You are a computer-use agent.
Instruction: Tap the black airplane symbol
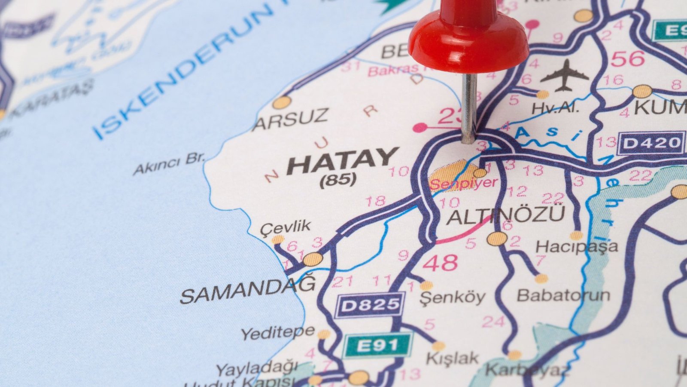tap(564, 76)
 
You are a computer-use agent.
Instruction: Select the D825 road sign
tap(369, 305)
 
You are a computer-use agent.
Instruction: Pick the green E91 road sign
tap(377, 344)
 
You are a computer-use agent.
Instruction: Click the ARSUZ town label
tap(290, 120)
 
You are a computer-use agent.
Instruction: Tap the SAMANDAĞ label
tap(248, 290)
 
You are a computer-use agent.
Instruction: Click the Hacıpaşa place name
tap(576, 247)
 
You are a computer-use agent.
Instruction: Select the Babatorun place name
tap(563, 295)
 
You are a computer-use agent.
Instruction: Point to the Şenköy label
tap(452, 297)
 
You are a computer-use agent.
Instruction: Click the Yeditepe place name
tap(277, 332)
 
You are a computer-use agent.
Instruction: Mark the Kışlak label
tap(452, 358)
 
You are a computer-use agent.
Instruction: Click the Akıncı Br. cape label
tap(169, 163)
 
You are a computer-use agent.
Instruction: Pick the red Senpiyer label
tap(463, 184)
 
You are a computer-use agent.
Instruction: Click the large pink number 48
tap(440, 263)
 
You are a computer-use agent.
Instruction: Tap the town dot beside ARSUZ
tap(282, 102)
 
